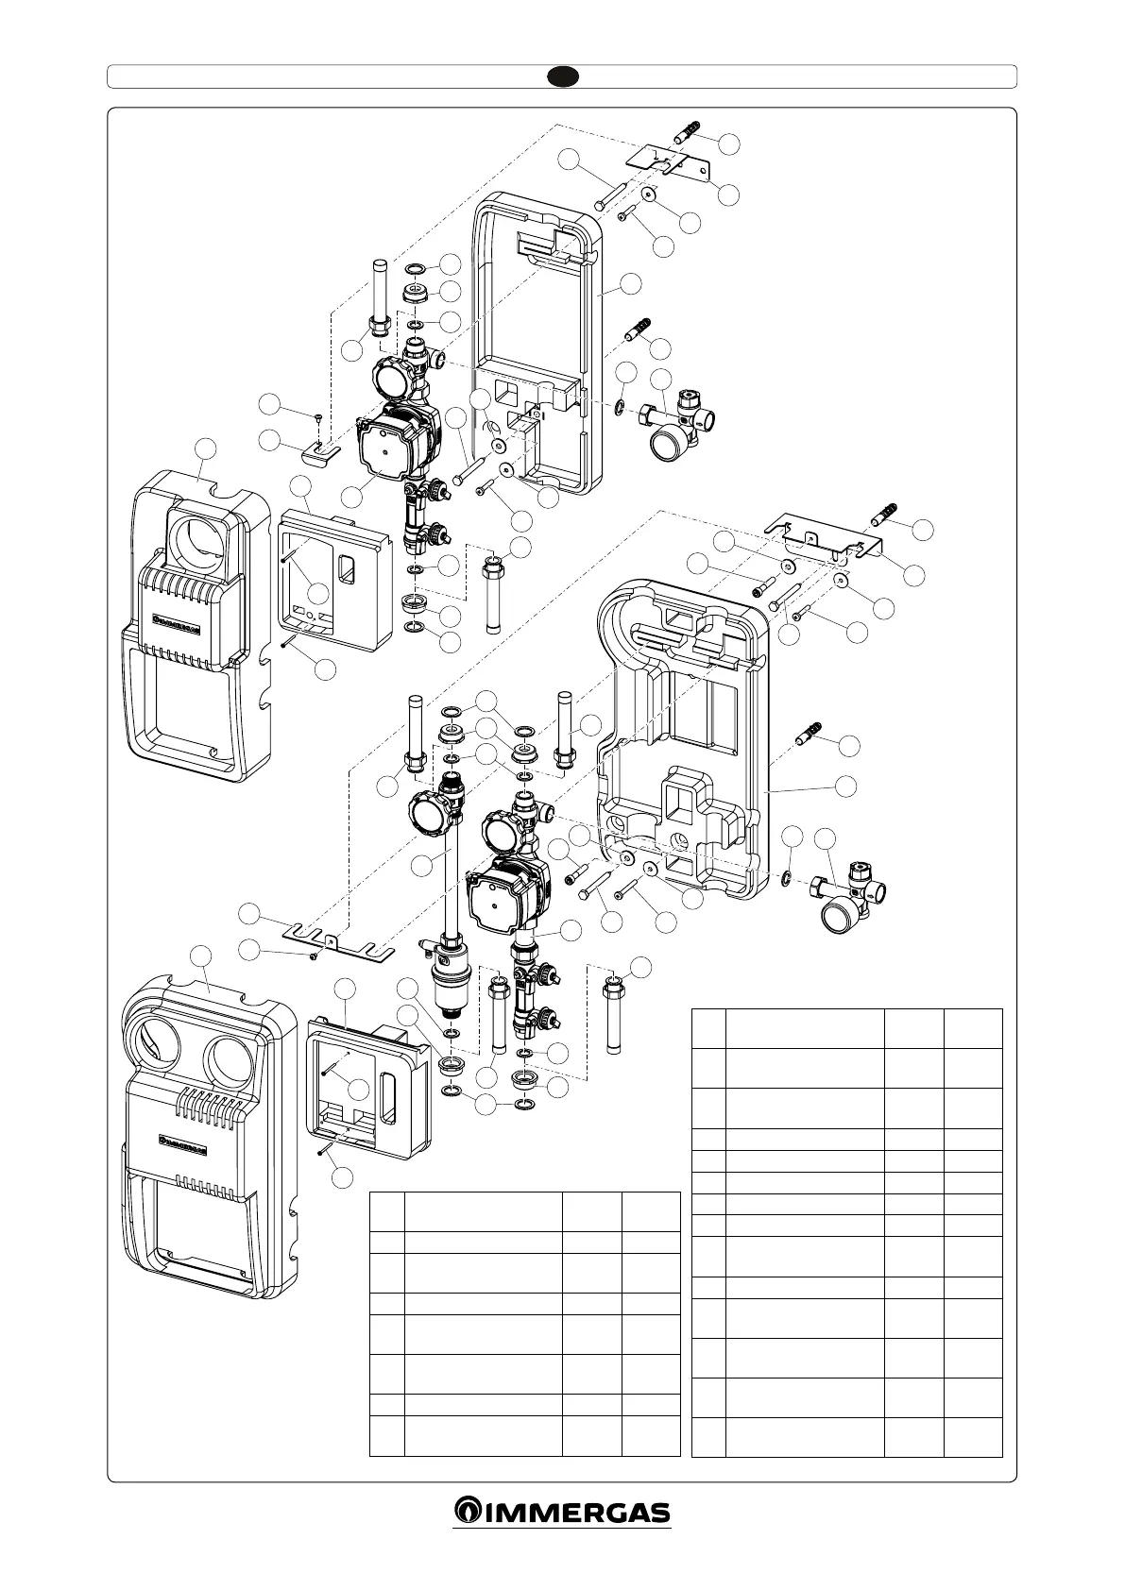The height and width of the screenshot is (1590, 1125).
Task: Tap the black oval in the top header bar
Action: tap(562, 76)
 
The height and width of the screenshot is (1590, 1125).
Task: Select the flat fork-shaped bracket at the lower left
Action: tap(334, 946)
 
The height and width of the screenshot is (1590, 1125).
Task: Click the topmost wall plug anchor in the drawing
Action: tap(689, 131)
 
